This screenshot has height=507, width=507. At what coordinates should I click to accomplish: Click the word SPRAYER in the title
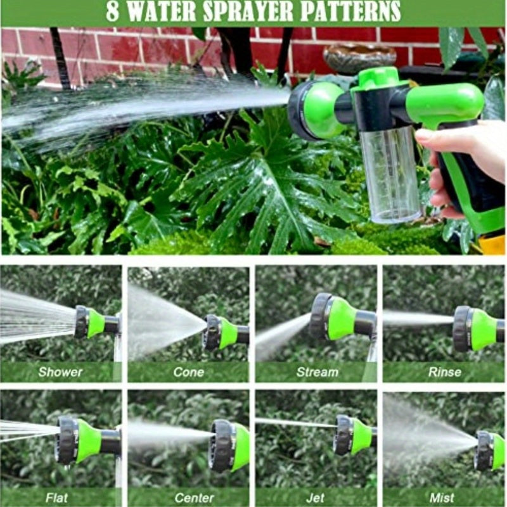tap(232, 12)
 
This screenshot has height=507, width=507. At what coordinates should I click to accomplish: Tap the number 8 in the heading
tap(112, 12)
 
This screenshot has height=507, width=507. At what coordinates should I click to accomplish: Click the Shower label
tap(60, 372)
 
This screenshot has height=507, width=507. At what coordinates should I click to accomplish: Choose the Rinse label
tap(444, 372)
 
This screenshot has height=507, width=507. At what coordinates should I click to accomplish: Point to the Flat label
tap(56, 497)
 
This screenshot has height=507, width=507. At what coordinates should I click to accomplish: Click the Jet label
tap(315, 497)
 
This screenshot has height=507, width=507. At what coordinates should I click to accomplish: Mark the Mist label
tap(442, 497)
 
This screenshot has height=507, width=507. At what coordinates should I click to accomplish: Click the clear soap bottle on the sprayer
tap(390, 174)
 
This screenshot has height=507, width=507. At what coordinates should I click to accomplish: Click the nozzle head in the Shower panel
tap(89, 323)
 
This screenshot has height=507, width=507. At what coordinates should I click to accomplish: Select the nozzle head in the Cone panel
tap(219, 333)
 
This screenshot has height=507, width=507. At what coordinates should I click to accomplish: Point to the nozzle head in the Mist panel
tap(488, 451)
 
